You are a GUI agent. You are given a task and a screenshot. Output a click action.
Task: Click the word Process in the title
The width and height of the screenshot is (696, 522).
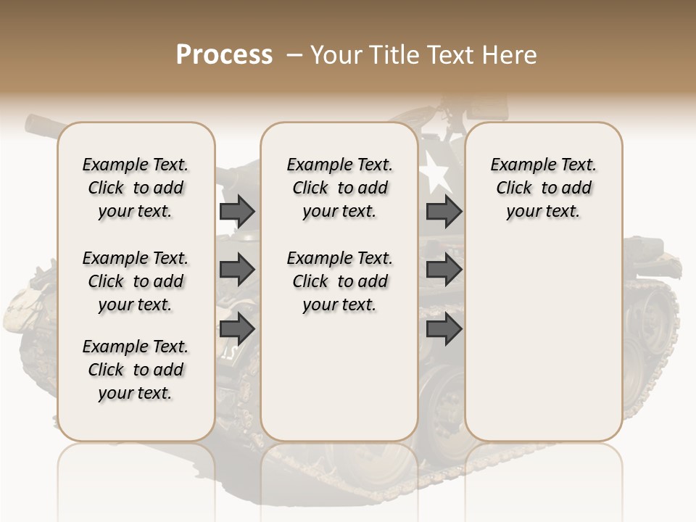(x=224, y=55)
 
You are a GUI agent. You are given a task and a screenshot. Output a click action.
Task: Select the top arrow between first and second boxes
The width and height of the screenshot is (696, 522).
(x=237, y=211)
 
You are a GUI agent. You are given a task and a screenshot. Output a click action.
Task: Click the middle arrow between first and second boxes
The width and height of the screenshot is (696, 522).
(x=237, y=270)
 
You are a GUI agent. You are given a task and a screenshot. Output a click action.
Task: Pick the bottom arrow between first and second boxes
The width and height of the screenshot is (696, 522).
(x=237, y=330)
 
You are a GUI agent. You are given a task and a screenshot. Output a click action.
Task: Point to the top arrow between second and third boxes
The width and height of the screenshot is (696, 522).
(x=444, y=211)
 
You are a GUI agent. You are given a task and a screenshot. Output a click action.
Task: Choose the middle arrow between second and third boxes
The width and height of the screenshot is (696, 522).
(x=444, y=270)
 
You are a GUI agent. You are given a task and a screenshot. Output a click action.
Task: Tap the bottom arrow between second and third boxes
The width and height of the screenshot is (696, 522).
(x=444, y=330)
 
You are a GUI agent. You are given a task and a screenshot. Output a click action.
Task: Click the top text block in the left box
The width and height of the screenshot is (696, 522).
(x=136, y=188)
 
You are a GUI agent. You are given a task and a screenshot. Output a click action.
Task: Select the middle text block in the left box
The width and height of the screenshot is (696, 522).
(x=136, y=281)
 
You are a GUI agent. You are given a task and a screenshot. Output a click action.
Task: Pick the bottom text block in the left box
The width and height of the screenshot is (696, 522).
(x=136, y=370)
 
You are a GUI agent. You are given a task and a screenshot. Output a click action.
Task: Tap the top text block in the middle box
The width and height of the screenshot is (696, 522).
(x=339, y=188)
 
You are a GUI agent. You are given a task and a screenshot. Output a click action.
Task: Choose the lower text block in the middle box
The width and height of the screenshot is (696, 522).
(x=339, y=281)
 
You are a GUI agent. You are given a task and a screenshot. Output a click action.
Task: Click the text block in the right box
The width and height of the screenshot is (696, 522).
(x=544, y=188)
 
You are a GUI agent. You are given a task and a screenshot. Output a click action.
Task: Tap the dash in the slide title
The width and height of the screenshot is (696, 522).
(x=294, y=55)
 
